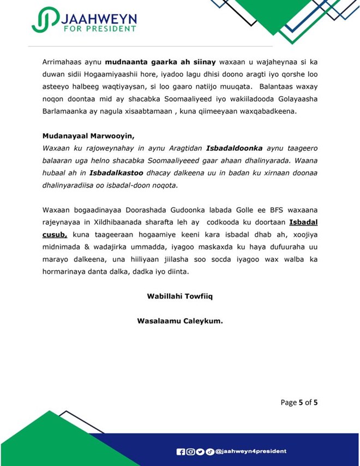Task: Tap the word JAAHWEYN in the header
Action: pos(97,17)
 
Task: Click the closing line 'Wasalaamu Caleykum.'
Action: pos(179,321)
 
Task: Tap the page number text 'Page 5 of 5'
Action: pos(299,403)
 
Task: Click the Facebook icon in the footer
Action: pos(181,452)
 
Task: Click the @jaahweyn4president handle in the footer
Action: pos(250,452)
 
